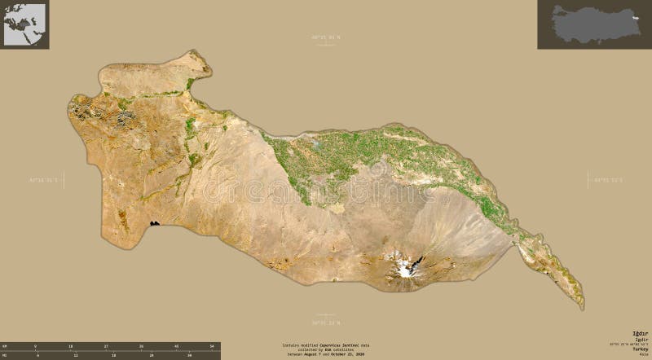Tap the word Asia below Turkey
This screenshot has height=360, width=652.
tap(645, 354)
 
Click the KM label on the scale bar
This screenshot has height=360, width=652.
tap(5, 347)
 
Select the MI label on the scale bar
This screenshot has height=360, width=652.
tap(5, 355)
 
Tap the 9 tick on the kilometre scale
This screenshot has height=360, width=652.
tap(36, 347)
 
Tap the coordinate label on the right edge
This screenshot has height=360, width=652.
tap(607, 177)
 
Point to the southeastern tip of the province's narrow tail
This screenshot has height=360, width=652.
tap(581, 307)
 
